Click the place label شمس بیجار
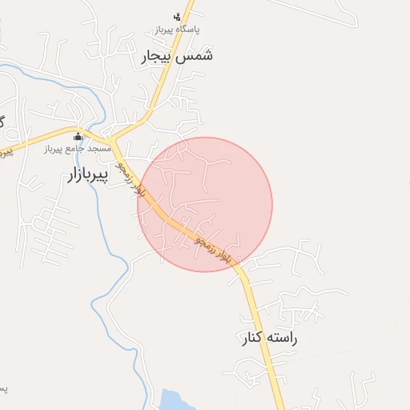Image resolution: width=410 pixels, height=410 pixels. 177,57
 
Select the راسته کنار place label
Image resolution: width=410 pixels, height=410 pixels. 268,338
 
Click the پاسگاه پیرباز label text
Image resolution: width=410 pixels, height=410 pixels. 178,29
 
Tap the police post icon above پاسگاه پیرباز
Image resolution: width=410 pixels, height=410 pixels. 177,17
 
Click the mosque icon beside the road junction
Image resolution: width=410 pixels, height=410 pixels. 78,135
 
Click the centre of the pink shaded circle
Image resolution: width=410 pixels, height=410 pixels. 205,204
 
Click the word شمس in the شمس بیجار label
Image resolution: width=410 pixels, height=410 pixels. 200,57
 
